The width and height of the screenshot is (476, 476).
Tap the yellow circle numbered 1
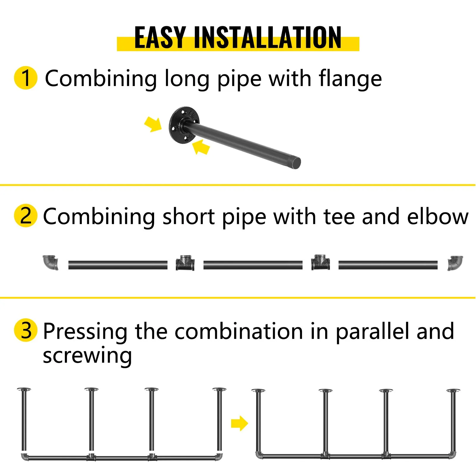point(26,78)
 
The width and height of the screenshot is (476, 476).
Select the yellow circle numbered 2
point(26,215)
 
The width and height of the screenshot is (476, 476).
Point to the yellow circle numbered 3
point(26,330)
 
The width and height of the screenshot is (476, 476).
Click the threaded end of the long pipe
point(297,163)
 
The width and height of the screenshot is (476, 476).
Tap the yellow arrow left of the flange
point(153,124)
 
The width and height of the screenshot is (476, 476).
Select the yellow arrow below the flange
point(201,147)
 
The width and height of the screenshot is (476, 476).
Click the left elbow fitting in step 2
point(50,262)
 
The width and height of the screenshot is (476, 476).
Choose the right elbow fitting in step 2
point(455,263)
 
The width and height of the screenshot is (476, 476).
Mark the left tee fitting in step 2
point(185,263)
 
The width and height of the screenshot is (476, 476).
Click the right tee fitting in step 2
point(320,262)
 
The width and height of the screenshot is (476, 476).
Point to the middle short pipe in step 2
point(253,265)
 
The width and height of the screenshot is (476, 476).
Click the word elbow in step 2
point(438,216)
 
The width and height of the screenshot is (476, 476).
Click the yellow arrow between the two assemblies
point(239,423)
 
